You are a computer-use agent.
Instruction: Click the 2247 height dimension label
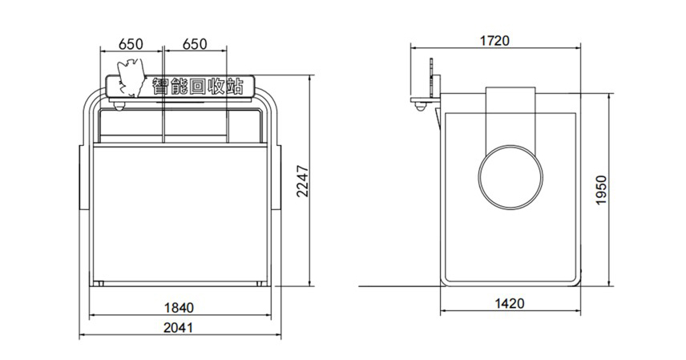303,181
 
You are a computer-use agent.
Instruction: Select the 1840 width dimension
179,308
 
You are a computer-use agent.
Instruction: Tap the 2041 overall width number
178,328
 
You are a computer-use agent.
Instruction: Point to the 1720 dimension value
494,41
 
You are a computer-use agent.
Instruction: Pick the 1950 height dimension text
602,190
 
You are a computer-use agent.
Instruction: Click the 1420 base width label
509,304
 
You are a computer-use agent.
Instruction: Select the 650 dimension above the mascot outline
131,44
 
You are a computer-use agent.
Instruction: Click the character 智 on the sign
160,86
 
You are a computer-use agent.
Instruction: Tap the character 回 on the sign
198,87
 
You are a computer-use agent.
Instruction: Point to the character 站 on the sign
235,87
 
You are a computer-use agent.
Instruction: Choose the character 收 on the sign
216,87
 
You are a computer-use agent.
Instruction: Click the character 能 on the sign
180,87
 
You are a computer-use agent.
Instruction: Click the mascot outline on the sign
131,78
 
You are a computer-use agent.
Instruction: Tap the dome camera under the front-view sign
119,105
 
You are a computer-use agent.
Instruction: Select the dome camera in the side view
420,107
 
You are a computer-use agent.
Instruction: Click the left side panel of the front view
84,177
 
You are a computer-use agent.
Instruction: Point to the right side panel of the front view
276,177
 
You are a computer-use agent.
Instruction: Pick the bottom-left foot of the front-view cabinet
99,284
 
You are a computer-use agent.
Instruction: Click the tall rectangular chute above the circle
510,116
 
